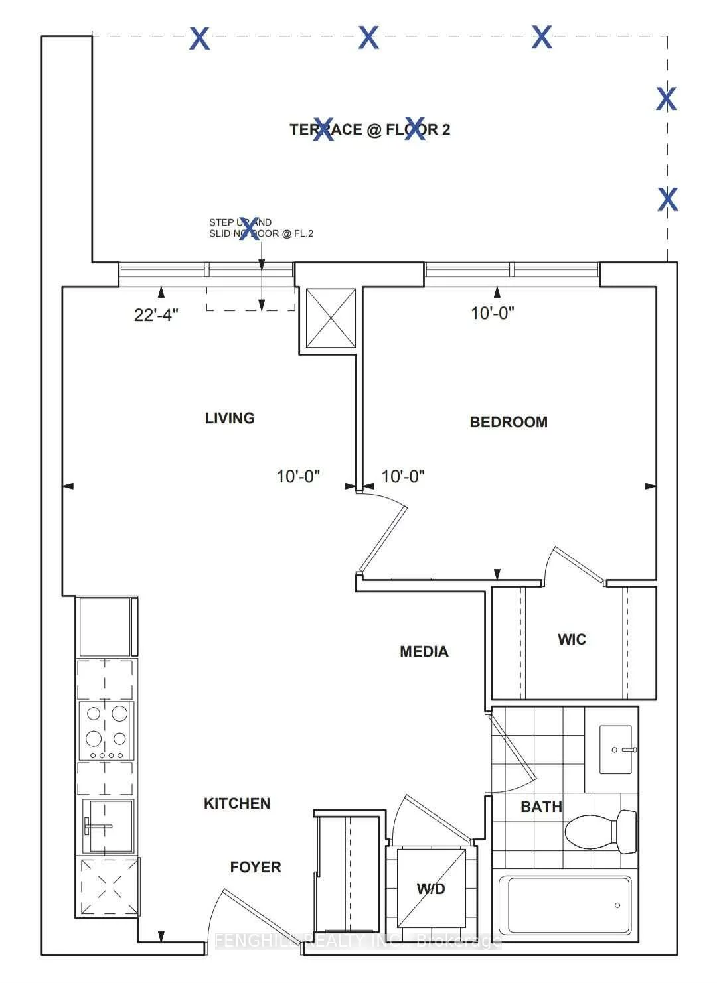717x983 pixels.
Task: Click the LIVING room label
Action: [230, 418]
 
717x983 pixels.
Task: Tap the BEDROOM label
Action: [509, 422]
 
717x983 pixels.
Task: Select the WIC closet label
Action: [572, 639]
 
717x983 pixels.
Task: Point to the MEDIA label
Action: [424, 651]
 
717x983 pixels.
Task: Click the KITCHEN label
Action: [237, 803]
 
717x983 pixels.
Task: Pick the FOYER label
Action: [256, 867]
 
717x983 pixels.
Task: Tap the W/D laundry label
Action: [431, 888]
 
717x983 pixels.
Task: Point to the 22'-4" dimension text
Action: [156, 315]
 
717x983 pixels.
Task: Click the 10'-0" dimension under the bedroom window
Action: [493, 313]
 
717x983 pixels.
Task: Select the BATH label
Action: [541, 807]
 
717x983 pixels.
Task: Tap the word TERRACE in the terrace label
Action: [325, 129]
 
